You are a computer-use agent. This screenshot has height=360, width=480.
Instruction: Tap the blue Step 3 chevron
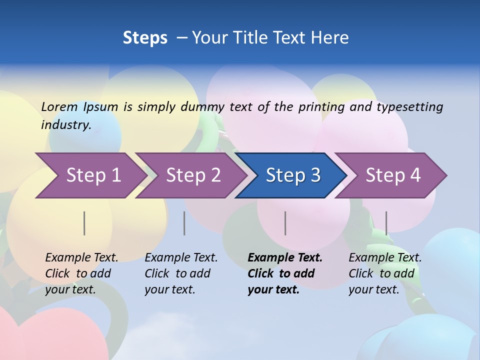(x=292, y=175)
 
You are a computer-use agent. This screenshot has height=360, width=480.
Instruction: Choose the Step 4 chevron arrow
(x=392, y=175)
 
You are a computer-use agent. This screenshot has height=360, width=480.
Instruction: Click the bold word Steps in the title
(x=145, y=37)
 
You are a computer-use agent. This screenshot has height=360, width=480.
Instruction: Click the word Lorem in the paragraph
(x=59, y=106)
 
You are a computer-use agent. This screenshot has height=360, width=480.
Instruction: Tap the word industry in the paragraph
(x=66, y=124)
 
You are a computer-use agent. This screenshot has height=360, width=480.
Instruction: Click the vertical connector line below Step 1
(x=84, y=223)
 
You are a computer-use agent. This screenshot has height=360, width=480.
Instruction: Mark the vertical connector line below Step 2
(x=184, y=223)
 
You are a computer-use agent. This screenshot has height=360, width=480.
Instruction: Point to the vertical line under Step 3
(x=285, y=223)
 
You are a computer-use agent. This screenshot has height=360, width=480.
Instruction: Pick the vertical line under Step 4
(x=386, y=223)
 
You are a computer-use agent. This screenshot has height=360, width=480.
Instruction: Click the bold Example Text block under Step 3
(x=284, y=273)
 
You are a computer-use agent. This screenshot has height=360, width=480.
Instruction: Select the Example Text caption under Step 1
(x=81, y=273)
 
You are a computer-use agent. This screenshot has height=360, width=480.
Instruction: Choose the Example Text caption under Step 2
(x=180, y=273)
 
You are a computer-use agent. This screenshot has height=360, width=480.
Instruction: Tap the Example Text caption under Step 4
(x=384, y=273)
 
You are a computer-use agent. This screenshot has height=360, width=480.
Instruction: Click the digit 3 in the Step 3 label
(x=314, y=175)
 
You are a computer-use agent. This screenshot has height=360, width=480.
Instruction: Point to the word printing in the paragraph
(x=320, y=106)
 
